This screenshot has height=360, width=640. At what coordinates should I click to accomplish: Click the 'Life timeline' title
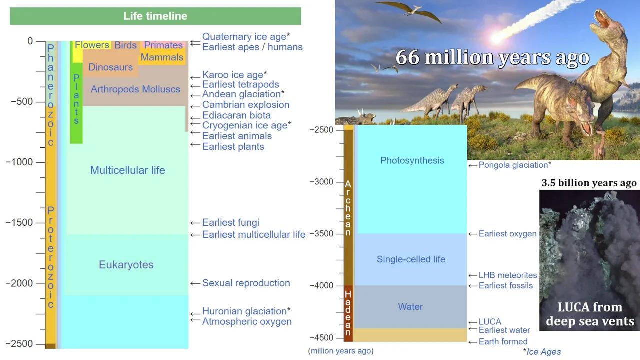point(155,16)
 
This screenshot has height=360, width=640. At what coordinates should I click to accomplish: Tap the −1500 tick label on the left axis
point(19,222)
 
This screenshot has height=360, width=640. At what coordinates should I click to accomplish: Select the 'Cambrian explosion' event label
point(246,105)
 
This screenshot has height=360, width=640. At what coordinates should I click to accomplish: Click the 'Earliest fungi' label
point(230,222)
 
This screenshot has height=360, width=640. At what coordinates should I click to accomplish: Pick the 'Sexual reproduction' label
point(246,283)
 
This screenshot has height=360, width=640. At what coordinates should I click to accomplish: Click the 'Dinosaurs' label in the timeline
point(110,67)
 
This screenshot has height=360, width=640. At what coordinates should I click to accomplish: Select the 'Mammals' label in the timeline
point(162,57)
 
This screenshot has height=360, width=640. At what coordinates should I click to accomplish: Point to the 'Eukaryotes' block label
point(126,265)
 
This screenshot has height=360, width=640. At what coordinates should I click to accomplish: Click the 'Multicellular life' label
point(127,170)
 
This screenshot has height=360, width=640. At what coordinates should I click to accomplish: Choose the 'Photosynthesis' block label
point(412,160)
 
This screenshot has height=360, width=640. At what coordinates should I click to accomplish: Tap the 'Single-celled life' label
point(411,259)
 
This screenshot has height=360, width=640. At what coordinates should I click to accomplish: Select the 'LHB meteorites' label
point(508,275)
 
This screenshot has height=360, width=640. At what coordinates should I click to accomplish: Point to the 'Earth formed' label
point(503,342)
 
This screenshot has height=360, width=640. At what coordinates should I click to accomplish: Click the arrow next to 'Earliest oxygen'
point(472,234)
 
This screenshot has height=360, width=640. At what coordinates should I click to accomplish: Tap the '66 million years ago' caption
point(492,57)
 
